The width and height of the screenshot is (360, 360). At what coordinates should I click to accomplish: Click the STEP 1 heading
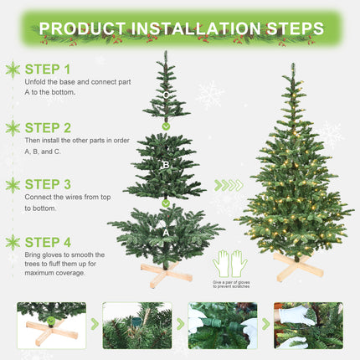(49, 69)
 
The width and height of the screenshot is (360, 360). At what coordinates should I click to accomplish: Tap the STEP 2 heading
(49, 128)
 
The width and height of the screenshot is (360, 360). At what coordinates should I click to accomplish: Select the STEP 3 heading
(49, 184)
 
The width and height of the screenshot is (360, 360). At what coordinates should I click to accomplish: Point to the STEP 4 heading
(49, 242)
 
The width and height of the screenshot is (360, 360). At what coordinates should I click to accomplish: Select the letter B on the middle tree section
(166, 165)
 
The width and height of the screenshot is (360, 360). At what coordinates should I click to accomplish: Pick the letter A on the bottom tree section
(166, 234)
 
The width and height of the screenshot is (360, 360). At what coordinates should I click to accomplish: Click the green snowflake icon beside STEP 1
(13, 69)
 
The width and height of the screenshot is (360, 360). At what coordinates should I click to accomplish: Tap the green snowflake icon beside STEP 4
(13, 243)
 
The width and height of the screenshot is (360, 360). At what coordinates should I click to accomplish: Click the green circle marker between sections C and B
(166, 126)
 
